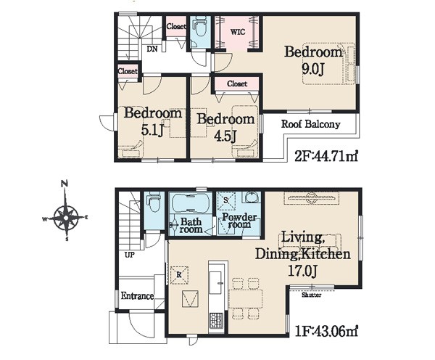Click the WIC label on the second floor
coord(238,32)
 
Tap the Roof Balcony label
coord(311,124)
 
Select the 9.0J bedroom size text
coord(313,69)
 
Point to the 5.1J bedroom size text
coord(152,129)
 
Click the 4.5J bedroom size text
coord(225,136)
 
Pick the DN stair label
coord(152,49)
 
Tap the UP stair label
coord(129,255)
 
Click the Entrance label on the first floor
coord(137,296)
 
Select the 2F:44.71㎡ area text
coord(326,157)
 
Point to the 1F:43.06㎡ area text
coord(326,331)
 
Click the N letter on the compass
coord(65,184)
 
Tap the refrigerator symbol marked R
coord(179,275)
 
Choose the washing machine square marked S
coord(225,200)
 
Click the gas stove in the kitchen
coord(216,321)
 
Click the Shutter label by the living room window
coord(312,295)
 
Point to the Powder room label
coord(239,221)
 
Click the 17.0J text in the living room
coord(302,271)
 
